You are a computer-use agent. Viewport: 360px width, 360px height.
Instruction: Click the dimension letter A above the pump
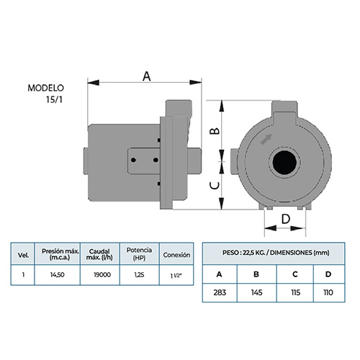click(146, 76)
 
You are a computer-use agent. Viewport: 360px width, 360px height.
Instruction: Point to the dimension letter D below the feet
click(286, 219)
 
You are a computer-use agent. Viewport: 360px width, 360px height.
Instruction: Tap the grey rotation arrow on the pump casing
click(266, 139)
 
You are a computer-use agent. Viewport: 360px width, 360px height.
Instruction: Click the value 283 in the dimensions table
click(220, 292)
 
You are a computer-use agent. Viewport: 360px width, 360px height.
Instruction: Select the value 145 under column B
click(256, 292)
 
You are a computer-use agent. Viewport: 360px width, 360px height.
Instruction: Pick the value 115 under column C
click(295, 292)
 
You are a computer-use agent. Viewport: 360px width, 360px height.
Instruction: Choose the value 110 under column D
click(328, 292)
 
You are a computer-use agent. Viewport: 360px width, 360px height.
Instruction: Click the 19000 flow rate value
click(102, 274)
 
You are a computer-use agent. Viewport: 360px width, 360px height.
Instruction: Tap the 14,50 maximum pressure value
click(58, 274)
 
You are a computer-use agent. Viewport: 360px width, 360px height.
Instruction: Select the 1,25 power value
click(139, 274)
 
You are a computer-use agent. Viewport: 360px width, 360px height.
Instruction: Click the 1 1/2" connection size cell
click(176, 276)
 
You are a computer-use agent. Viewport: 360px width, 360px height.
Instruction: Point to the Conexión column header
click(176, 255)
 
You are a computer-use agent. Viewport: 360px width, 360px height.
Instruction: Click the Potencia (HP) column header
click(139, 253)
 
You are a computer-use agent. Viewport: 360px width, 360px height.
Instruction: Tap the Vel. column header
click(23, 255)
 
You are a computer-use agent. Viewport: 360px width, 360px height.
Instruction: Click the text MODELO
click(45, 88)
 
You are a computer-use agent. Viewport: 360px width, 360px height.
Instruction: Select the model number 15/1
click(54, 99)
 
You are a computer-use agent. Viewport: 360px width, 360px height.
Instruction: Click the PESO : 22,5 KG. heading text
click(243, 253)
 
